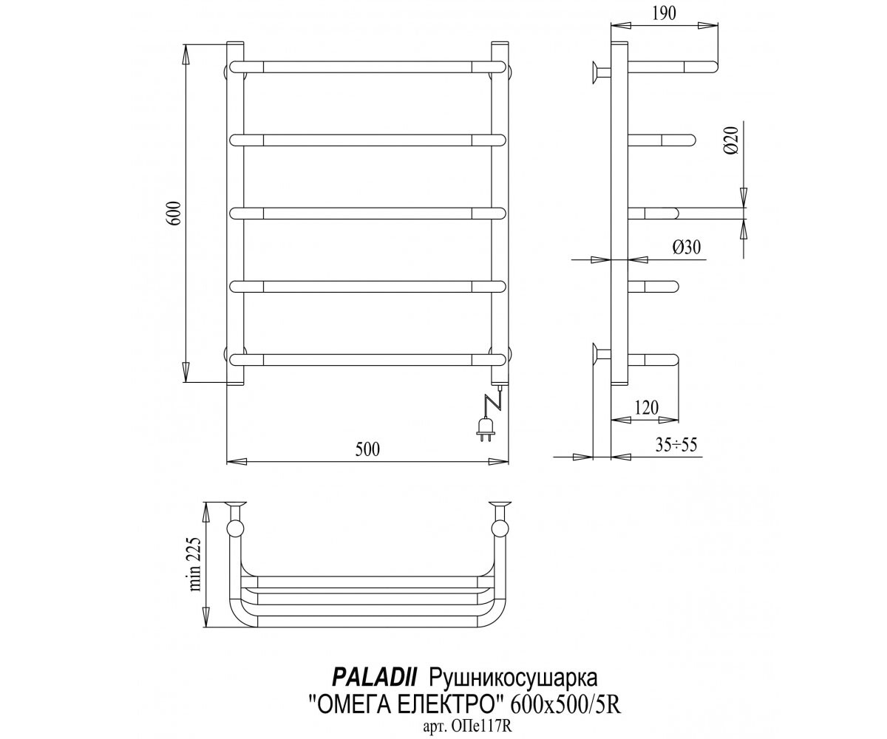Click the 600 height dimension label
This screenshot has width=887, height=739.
click(176, 214)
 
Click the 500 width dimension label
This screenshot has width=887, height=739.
click(367, 449)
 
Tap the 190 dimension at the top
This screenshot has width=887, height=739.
click(664, 13)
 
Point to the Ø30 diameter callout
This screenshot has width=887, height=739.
click(687, 247)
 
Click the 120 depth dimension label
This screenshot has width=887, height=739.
click(647, 408)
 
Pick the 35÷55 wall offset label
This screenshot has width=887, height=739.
click(677, 445)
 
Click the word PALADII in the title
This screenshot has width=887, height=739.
click(374, 678)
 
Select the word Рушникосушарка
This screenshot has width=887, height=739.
click(513, 679)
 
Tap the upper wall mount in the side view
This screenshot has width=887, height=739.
click(601, 72)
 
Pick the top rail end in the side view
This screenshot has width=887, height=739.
click(701, 67)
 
